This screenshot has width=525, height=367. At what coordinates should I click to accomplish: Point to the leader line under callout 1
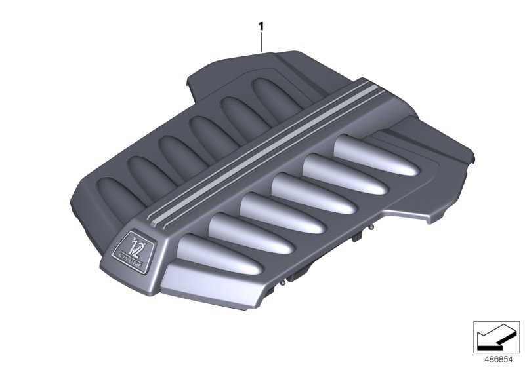(261, 43)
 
